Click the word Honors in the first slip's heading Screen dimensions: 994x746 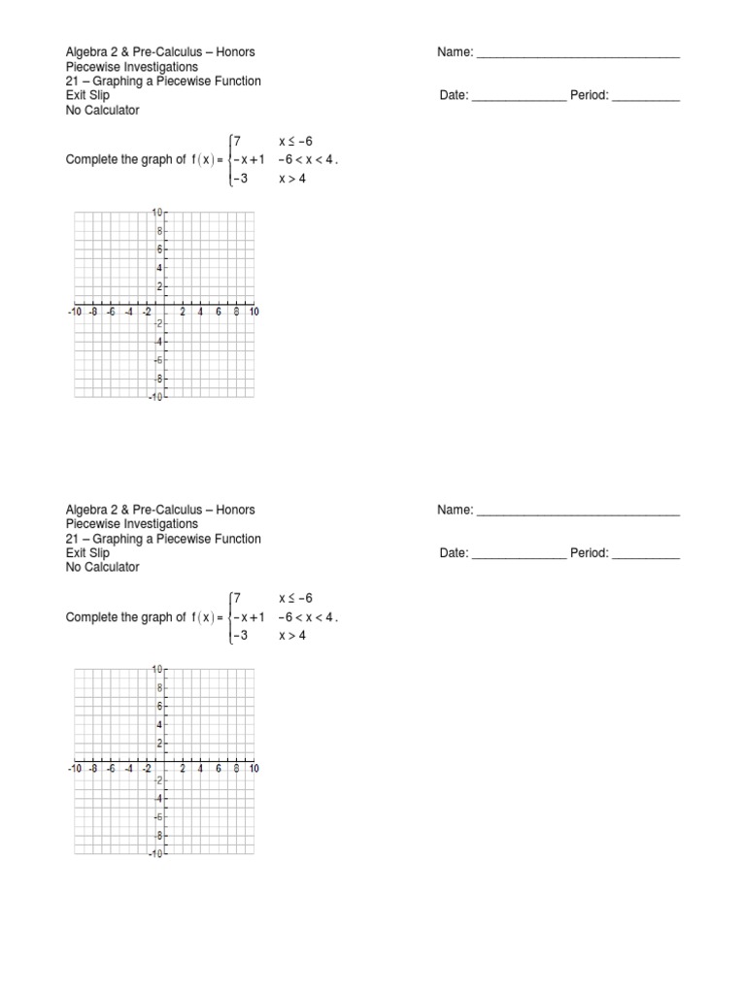[235, 52]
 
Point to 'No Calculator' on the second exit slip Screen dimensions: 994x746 [102, 567]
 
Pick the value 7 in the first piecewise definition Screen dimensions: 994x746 [236, 142]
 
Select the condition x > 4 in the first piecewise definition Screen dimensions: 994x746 [292, 178]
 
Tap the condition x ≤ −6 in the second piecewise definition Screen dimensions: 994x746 [296, 599]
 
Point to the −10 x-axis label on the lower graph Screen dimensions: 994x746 [75, 769]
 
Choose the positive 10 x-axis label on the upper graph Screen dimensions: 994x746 [253, 312]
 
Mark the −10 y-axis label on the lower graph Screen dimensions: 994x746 [155, 854]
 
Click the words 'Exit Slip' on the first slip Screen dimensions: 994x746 [87, 95]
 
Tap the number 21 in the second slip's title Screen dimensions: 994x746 [72, 539]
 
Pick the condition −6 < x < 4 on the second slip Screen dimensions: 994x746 [306, 617]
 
